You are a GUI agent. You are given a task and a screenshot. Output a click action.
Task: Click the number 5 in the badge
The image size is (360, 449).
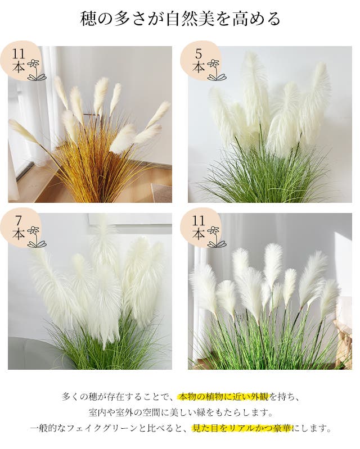[199, 53]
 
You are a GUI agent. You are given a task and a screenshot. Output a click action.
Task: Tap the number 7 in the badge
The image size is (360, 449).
[19, 220]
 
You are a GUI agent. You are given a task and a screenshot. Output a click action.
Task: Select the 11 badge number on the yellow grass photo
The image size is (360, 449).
[19, 53]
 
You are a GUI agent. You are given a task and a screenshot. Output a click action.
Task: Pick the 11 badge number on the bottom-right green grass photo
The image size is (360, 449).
[199, 220]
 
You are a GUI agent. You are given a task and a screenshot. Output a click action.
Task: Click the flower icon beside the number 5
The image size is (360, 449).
[217, 70]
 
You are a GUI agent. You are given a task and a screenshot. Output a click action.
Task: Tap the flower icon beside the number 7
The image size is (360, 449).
[37, 237]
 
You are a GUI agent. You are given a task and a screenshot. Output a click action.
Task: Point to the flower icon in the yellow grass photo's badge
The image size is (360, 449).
[37, 70]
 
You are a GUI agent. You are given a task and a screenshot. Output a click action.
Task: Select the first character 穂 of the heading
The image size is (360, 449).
[88, 19]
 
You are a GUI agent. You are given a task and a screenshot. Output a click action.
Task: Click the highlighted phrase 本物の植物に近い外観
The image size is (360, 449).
[223, 397]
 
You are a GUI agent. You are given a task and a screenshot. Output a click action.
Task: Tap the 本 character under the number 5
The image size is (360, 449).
[199, 67]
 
